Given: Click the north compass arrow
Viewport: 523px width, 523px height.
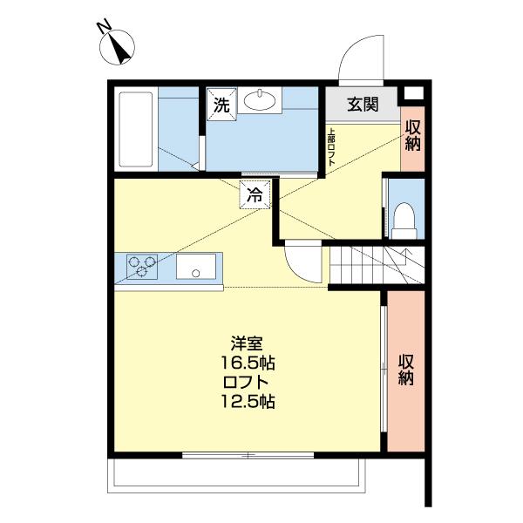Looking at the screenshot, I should pos(120,48).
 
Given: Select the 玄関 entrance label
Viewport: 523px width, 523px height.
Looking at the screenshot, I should pos(363,105).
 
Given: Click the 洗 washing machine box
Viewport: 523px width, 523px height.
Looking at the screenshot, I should pos(221,105).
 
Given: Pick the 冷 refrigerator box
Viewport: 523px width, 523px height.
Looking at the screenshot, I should pos(255,195).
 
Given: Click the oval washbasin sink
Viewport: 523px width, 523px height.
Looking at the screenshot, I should pos(261,102).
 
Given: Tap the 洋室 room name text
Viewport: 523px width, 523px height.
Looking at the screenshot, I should pos(248,343).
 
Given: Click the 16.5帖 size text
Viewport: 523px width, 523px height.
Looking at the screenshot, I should pos(248,362).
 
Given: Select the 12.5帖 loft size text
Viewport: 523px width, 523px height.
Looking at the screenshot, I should pos(248,402).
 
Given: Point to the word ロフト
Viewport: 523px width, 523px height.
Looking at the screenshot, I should pos(248,382).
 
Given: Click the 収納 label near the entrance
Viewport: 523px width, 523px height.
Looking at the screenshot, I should pos(413,136).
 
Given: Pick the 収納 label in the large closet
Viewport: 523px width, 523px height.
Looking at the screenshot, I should pos(406,370).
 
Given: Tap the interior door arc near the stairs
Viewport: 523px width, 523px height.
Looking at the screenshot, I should pos(301,258).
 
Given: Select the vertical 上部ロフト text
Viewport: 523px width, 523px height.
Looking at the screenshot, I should pos(331,147).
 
